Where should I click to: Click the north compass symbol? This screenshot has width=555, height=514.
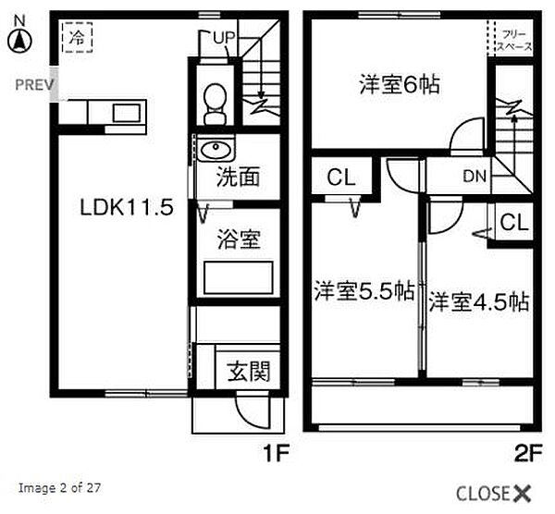pos(19,40)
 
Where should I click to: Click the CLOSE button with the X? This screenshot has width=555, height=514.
pos(494,492)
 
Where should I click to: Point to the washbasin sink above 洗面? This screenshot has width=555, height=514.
pos(214,151)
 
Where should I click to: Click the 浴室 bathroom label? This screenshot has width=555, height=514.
pos(238,240)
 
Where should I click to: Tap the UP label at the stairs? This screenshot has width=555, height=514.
pos(224,37)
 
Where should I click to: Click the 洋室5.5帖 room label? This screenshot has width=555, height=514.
pos(364,291)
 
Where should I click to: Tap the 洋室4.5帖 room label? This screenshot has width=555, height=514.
pos(478,301)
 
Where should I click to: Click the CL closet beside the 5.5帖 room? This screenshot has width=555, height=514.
pos(340,178)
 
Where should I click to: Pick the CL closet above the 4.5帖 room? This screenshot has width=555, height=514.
pos(514,222)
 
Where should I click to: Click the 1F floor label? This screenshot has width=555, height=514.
pos(278,455)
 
